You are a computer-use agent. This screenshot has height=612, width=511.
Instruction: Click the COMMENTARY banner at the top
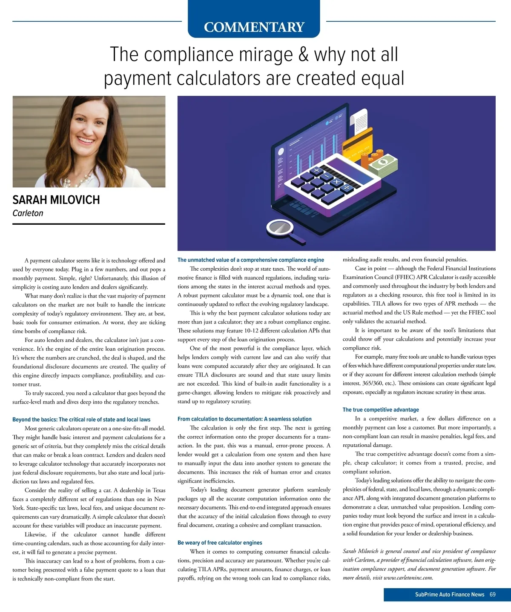254,27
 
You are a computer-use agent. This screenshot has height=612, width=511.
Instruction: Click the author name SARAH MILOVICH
56,200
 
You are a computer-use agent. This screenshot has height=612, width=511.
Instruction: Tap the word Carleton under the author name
28,213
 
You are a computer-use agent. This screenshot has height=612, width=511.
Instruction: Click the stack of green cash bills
384,164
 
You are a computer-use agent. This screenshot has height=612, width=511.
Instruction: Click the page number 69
493,595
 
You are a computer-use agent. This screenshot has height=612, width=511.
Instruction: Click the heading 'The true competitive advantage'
381,410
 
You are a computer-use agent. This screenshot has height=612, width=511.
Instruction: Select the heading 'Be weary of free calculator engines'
220,543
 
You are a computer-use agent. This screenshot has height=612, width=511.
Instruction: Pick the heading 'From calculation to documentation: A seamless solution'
244,419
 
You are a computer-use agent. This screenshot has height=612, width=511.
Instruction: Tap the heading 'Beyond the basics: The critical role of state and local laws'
81,420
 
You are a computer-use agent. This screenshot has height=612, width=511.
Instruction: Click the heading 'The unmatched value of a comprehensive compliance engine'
251,260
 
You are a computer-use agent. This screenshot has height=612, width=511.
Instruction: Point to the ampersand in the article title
303,55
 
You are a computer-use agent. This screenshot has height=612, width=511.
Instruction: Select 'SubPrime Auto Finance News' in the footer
450,595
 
